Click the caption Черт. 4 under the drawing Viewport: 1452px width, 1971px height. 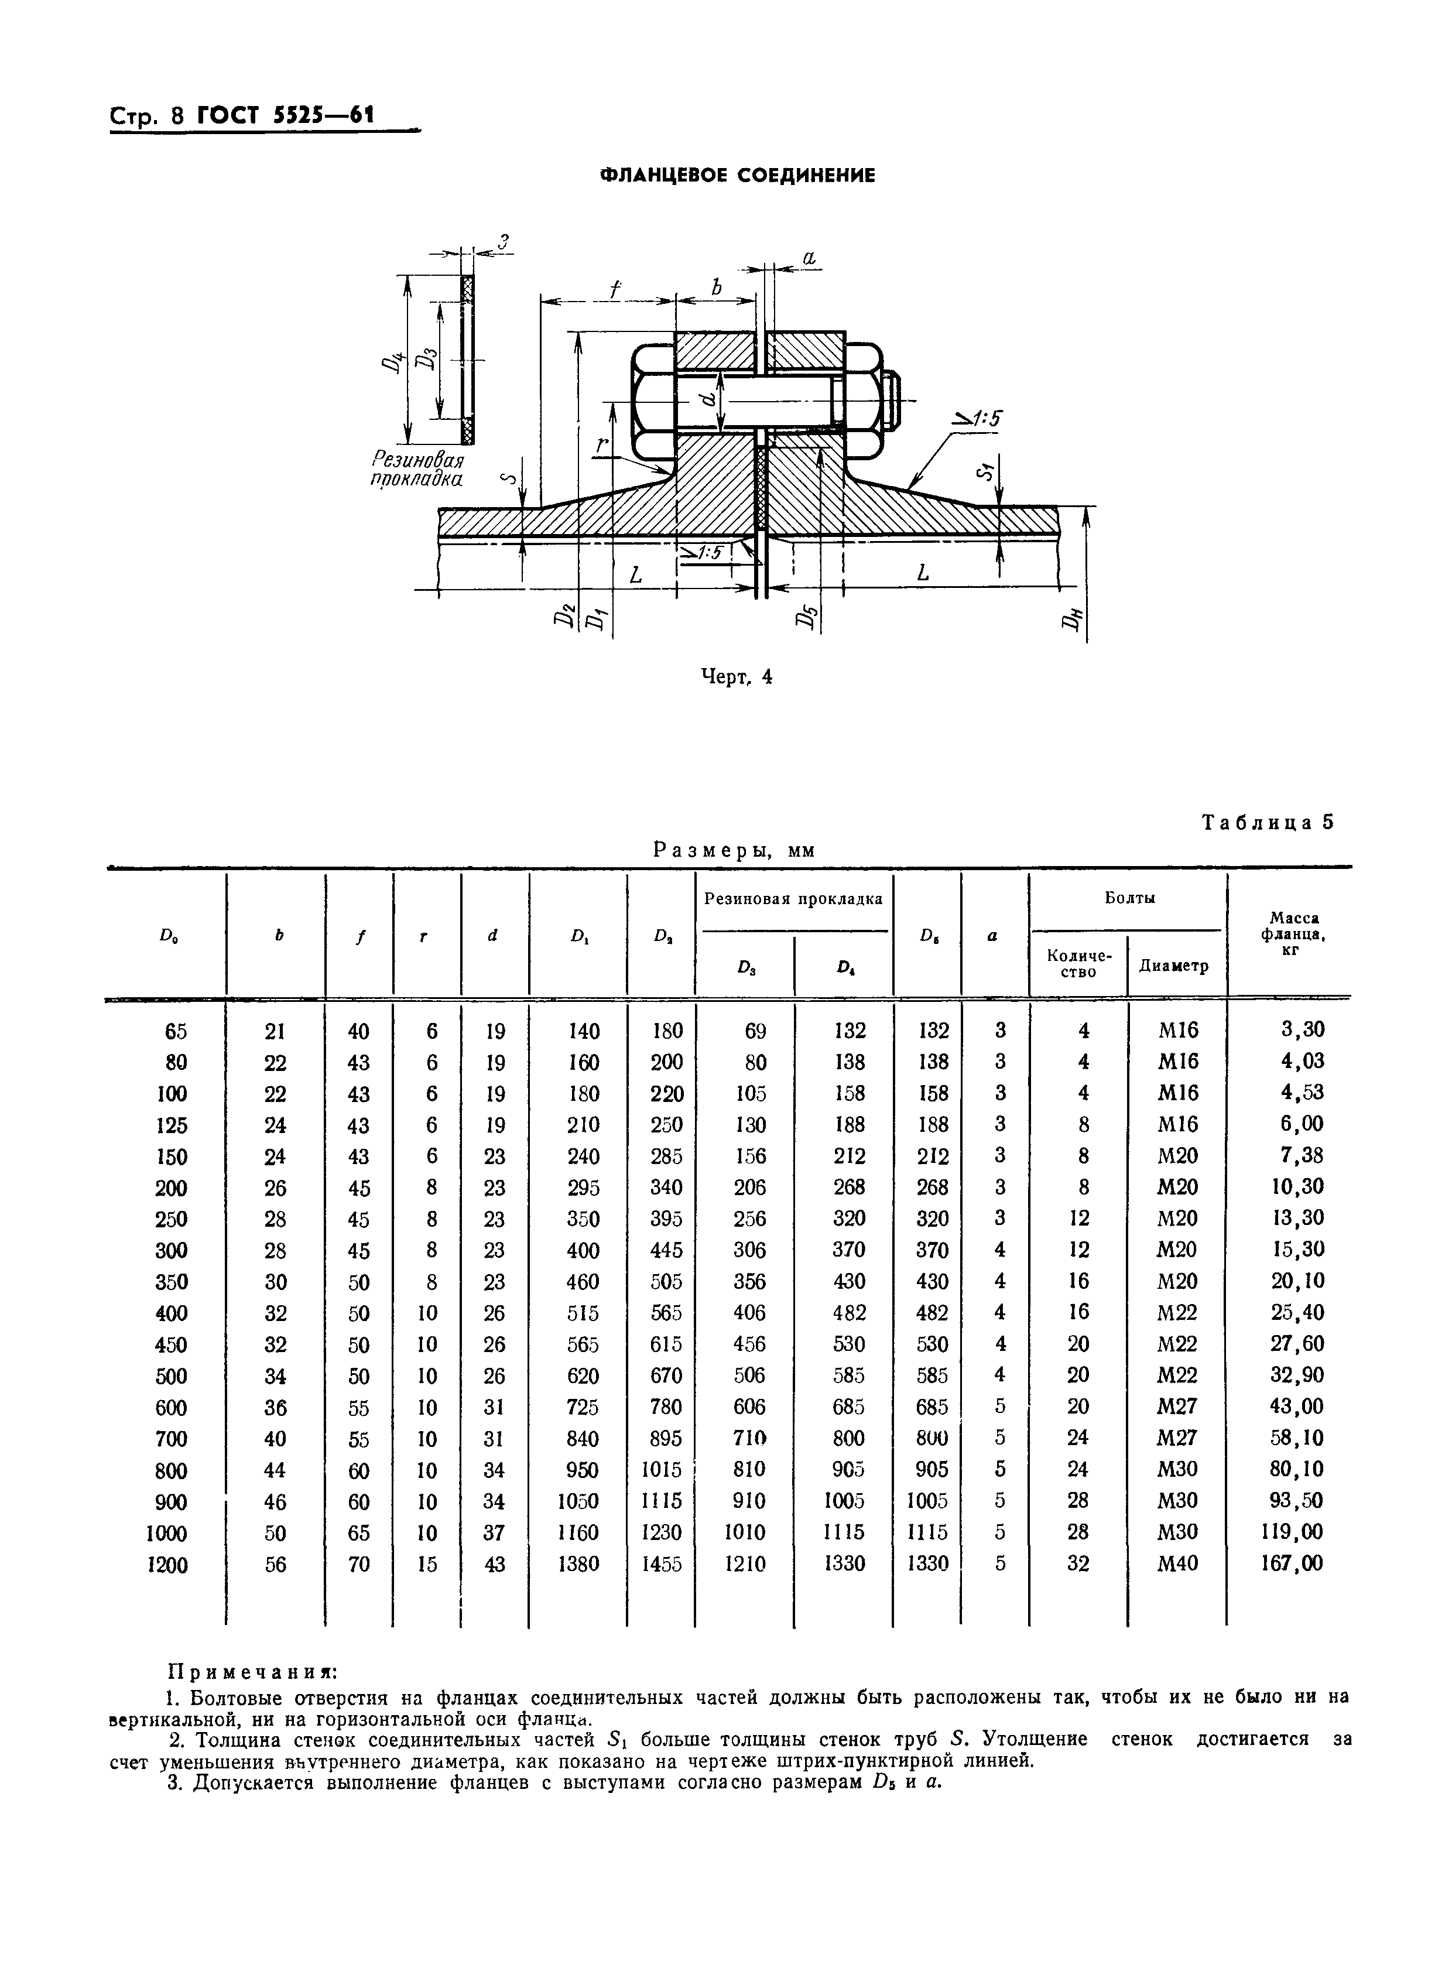[x=736, y=676]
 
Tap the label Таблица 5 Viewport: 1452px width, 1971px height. [x=1268, y=822]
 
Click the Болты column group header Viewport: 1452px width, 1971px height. [x=1129, y=898]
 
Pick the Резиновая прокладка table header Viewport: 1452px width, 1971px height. [x=794, y=898]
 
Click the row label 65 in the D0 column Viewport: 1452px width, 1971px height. [x=176, y=1031]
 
